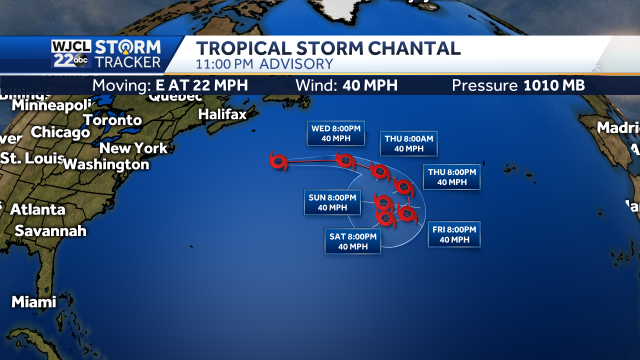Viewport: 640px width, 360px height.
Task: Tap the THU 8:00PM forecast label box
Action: pos(449,176)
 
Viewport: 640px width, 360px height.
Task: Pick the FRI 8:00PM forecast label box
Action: pos(453,234)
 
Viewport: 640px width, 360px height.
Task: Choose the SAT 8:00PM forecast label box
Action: pos(352,241)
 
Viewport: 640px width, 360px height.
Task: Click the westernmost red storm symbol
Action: pos(279,159)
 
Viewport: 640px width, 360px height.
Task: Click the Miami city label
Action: pos(33,301)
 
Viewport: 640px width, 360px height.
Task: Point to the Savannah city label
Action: pos(50,231)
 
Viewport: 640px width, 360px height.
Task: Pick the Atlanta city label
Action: pos(37,210)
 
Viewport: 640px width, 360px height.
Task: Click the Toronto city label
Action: pos(112,120)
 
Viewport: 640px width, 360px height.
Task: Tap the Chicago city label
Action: pos(60,132)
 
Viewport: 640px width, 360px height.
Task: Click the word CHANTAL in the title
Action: pos(412,48)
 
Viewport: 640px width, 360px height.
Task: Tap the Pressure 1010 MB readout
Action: pos(519,85)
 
